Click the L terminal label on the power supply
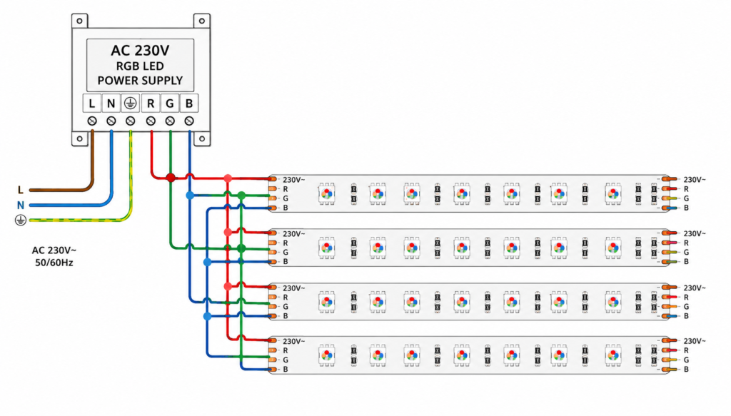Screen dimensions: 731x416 92,103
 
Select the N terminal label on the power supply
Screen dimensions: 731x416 111,103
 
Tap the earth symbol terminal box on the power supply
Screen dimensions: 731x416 131,103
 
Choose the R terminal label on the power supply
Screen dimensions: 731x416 151,103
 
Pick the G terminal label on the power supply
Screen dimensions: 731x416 170,103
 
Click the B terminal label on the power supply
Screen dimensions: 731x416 188,103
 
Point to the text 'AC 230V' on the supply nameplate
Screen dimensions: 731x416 140,51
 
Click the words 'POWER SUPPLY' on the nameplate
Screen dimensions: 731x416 140,81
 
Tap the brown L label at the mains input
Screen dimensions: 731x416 20,190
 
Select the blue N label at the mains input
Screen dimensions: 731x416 20,205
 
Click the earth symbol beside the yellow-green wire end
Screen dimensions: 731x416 21,220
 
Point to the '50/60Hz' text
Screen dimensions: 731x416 54,263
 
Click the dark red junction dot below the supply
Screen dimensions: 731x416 171,178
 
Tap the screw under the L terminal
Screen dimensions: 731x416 92,121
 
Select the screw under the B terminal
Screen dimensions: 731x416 188,121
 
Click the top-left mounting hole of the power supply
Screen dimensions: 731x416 80,21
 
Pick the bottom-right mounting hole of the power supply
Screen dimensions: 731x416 202,138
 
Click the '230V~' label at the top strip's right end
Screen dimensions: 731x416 695,179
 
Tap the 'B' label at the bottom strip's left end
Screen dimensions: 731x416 286,369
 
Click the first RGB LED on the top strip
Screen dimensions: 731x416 327,194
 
